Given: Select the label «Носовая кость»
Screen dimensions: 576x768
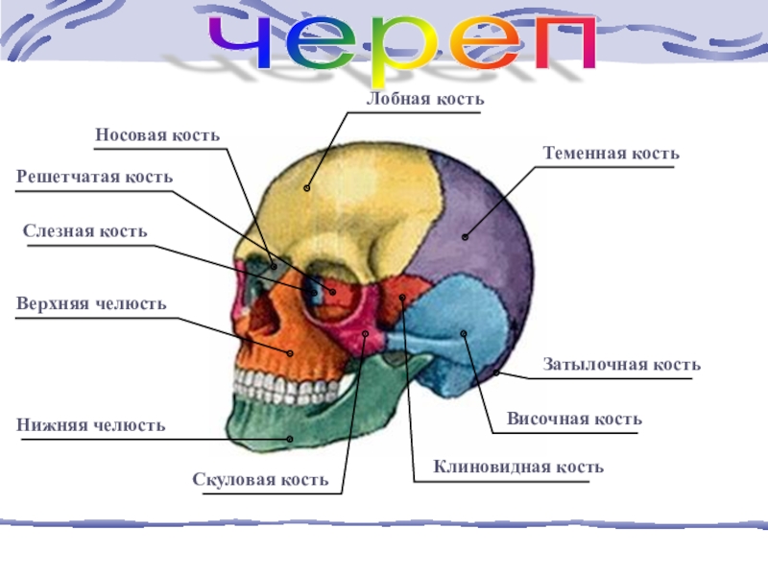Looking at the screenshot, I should pos(157,135).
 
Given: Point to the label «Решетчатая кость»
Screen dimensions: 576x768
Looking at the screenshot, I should pos(95,177).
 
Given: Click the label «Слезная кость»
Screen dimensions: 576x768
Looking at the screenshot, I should pos(85,231).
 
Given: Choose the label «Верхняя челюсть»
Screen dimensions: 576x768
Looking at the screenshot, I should pos(91,303).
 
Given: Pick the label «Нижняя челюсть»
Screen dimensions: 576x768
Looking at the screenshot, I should pos(91,424).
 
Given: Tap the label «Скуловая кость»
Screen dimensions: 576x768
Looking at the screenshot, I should pos(260,479).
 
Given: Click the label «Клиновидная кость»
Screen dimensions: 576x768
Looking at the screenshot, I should pos(518,467).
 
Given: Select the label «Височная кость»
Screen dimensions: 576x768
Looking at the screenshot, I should pos(574,420).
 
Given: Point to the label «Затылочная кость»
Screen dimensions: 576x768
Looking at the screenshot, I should pos(621,365).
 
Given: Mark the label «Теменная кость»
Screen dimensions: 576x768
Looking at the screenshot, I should pos(611,154).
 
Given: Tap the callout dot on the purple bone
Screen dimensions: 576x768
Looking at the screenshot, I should pos(465,235).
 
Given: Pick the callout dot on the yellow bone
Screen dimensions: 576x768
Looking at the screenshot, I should pos(307,187).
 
